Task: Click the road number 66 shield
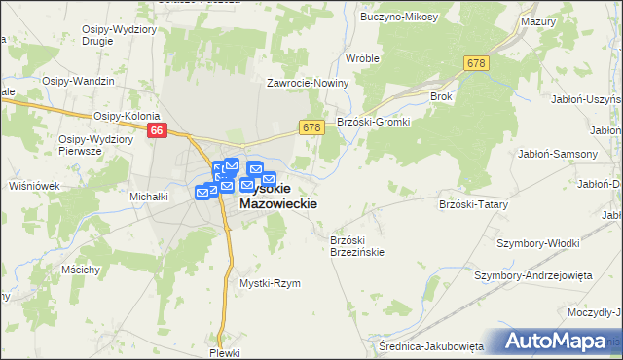156,128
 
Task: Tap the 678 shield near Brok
475,63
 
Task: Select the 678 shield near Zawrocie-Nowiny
311,127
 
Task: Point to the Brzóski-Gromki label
374,122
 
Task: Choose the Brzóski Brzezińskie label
357,246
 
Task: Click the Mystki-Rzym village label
270,283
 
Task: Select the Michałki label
150,197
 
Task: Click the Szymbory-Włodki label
537,243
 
